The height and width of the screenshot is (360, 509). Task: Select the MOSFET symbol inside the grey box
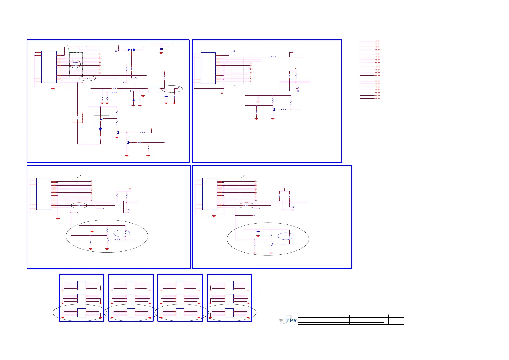click(x=102, y=119)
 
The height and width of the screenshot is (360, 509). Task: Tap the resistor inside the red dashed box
click(x=78, y=118)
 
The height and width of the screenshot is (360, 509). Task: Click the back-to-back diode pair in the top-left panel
click(x=131, y=50)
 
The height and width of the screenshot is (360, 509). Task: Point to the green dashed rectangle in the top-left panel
click(x=76, y=65)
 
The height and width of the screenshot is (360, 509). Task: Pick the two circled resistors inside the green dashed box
click(x=75, y=64)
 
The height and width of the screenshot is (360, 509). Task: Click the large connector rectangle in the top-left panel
click(x=49, y=67)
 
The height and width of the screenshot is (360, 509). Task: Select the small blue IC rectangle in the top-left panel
click(x=154, y=90)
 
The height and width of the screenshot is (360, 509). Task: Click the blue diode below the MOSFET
click(x=100, y=129)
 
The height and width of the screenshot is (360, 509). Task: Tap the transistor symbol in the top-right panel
click(x=273, y=110)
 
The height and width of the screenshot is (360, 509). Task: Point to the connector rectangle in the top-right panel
click(x=208, y=68)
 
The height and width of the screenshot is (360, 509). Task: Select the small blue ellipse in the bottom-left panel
click(x=122, y=233)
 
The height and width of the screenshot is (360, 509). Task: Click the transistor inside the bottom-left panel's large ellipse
click(x=108, y=240)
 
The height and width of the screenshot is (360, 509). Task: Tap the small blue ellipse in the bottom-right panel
click(x=286, y=236)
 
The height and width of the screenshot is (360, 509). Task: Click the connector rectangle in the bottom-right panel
click(x=210, y=194)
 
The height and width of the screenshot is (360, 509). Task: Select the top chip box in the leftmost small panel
click(x=82, y=285)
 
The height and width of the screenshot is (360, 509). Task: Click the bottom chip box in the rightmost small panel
click(x=229, y=313)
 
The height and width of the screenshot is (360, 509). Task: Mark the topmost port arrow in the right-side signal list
click(x=377, y=41)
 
